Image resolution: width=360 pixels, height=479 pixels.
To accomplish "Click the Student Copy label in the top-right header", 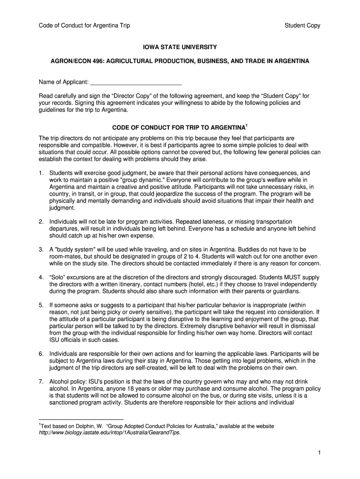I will (x=302, y=26).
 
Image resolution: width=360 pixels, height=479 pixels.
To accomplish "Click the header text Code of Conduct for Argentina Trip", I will (x=84, y=26).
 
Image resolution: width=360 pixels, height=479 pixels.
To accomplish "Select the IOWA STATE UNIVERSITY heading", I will (x=180, y=48).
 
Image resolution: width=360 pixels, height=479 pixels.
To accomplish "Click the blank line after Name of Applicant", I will (x=136, y=83).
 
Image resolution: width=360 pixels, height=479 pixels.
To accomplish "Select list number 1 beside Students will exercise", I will (x=41, y=173).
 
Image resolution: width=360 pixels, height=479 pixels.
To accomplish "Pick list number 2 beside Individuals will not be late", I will (x=41, y=221).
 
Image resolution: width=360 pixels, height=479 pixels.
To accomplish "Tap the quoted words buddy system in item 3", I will (x=73, y=249).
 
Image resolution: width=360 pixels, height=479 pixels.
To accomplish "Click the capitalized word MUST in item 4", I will (x=287, y=277).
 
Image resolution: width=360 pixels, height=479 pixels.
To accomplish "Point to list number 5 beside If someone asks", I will (x=41, y=305).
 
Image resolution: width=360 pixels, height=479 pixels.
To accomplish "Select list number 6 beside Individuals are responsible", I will (x=41, y=354).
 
